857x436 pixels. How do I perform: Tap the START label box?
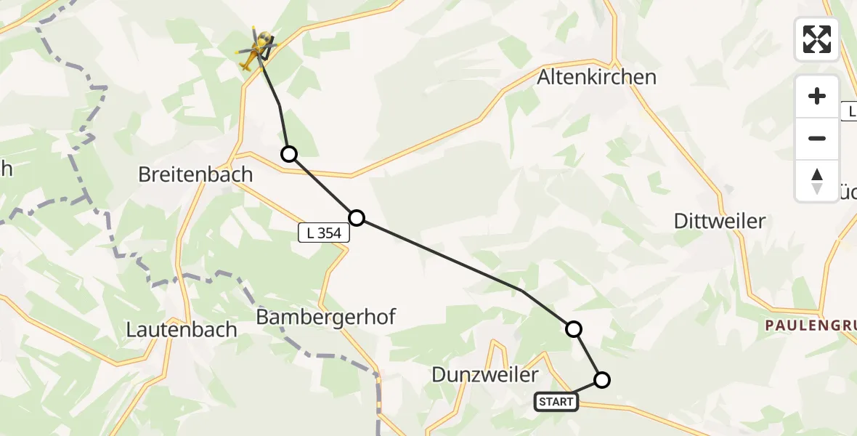[556, 401]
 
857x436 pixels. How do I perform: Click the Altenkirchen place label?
[596, 77]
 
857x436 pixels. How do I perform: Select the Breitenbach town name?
[195, 174]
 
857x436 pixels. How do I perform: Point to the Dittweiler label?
[719, 221]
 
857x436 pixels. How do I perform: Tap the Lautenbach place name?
[182, 329]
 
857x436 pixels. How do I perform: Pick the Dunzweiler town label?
[485, 375]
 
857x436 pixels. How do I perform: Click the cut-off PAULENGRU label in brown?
[811, 326]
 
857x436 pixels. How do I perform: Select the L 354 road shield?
[324, 233]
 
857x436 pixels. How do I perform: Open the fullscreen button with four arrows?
[817, 39]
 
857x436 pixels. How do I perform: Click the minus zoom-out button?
[817, 138]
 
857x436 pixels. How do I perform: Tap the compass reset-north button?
[817, 180]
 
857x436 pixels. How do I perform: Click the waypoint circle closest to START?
[602, 379]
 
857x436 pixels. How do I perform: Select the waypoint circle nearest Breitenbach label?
[289, 154]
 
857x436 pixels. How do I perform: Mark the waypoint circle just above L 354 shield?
[357, 217]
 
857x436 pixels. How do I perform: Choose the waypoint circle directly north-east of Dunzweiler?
[574, 329]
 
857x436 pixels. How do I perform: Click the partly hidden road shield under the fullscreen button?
[848, 111]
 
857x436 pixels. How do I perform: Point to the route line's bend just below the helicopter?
[280, 106]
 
